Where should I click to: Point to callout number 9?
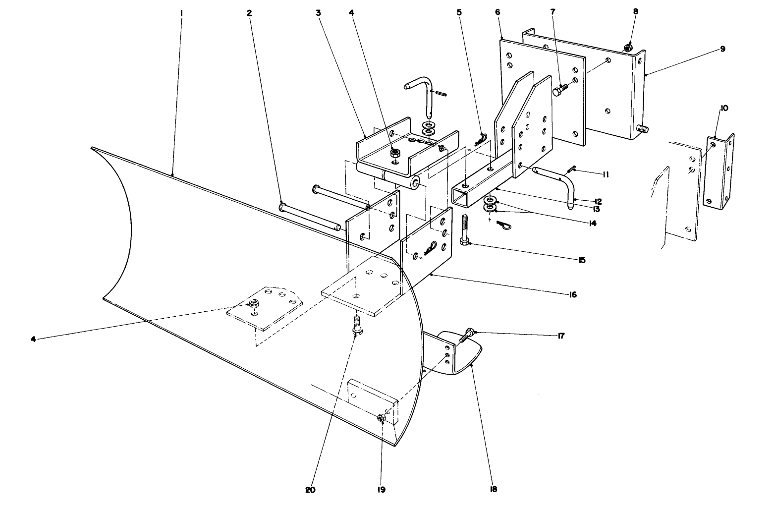[722, 49]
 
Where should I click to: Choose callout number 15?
[581, 260]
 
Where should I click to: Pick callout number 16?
[573, 294]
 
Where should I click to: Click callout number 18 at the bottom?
[493, 490]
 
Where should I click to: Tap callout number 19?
[381, 490]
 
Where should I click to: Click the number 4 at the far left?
[33, 339]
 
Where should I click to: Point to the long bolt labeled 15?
[465, 227]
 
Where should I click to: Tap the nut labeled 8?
[627, 48]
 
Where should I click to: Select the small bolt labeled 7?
[559, 90]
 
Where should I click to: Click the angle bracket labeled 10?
[720, 173]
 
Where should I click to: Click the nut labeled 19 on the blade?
[382, 418]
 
